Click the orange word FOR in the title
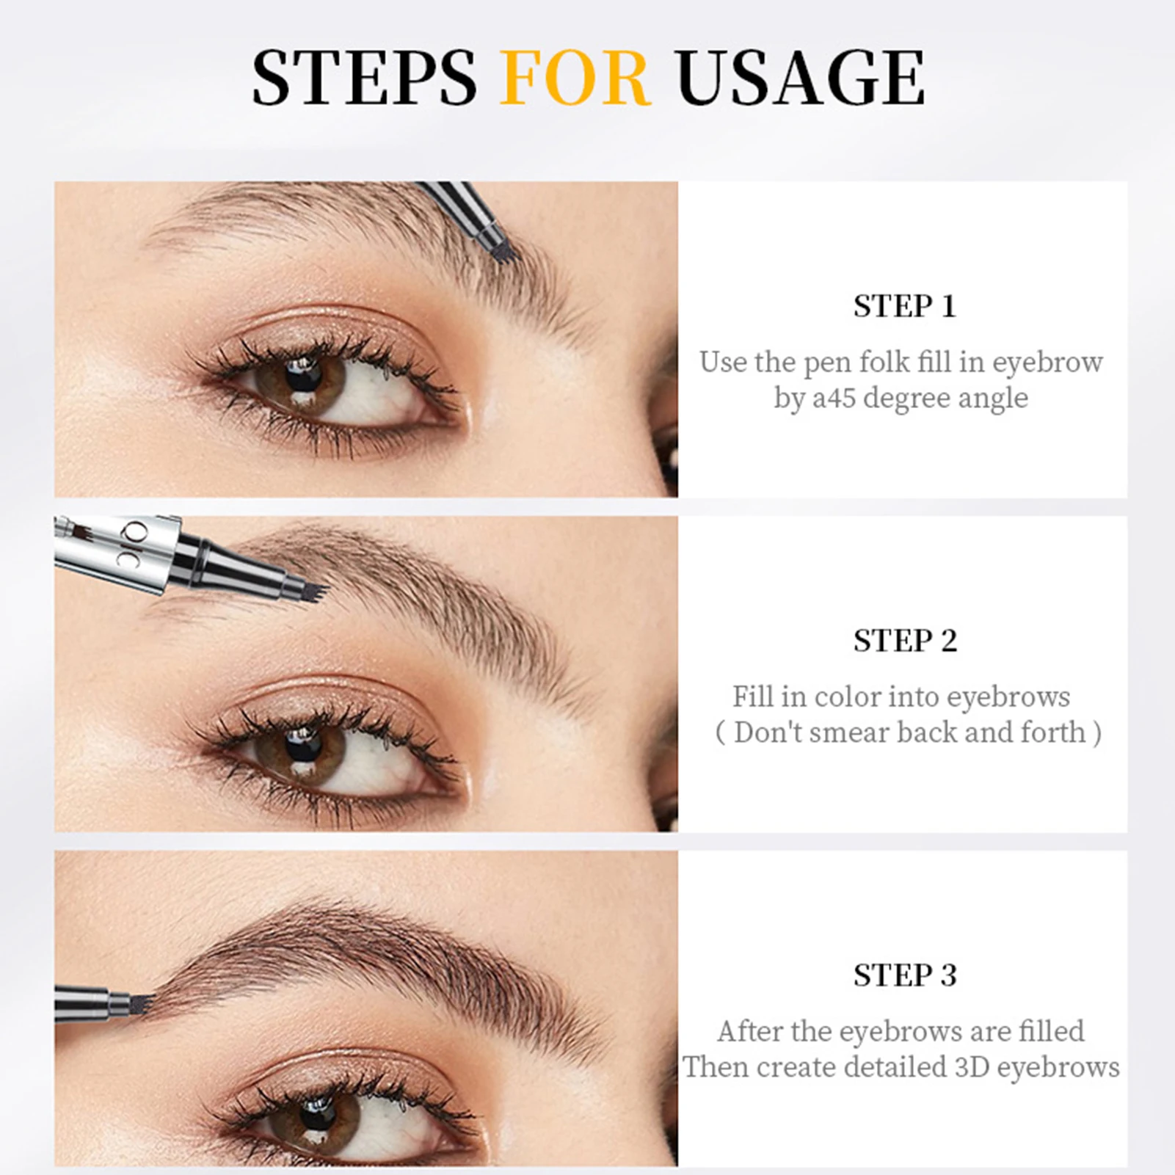coord(575,78)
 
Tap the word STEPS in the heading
coord(364,78)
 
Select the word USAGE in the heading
coord(800,78)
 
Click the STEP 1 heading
coord(904,306)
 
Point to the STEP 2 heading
coord(904,641)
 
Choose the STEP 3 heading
coord(904,975)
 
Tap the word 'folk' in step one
coord(884,363)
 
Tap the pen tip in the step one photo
coord(505,250)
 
